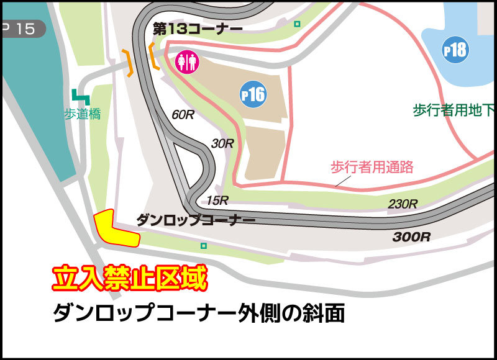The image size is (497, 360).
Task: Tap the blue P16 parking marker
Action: (253, 94)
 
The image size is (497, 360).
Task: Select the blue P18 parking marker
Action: (455, 50)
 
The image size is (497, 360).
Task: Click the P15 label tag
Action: (21, 29)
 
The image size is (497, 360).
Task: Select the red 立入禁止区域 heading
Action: (128, 279)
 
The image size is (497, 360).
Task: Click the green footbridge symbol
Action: (80, 97)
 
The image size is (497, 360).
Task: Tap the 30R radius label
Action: (222, 143)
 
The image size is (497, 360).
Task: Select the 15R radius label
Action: (217, 200)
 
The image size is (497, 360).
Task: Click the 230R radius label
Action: (403, 203)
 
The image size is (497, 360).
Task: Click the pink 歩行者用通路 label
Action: (372, 166)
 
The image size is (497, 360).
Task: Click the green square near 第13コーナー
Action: (297, 25)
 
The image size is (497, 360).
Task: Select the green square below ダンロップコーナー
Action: (203, 246)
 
